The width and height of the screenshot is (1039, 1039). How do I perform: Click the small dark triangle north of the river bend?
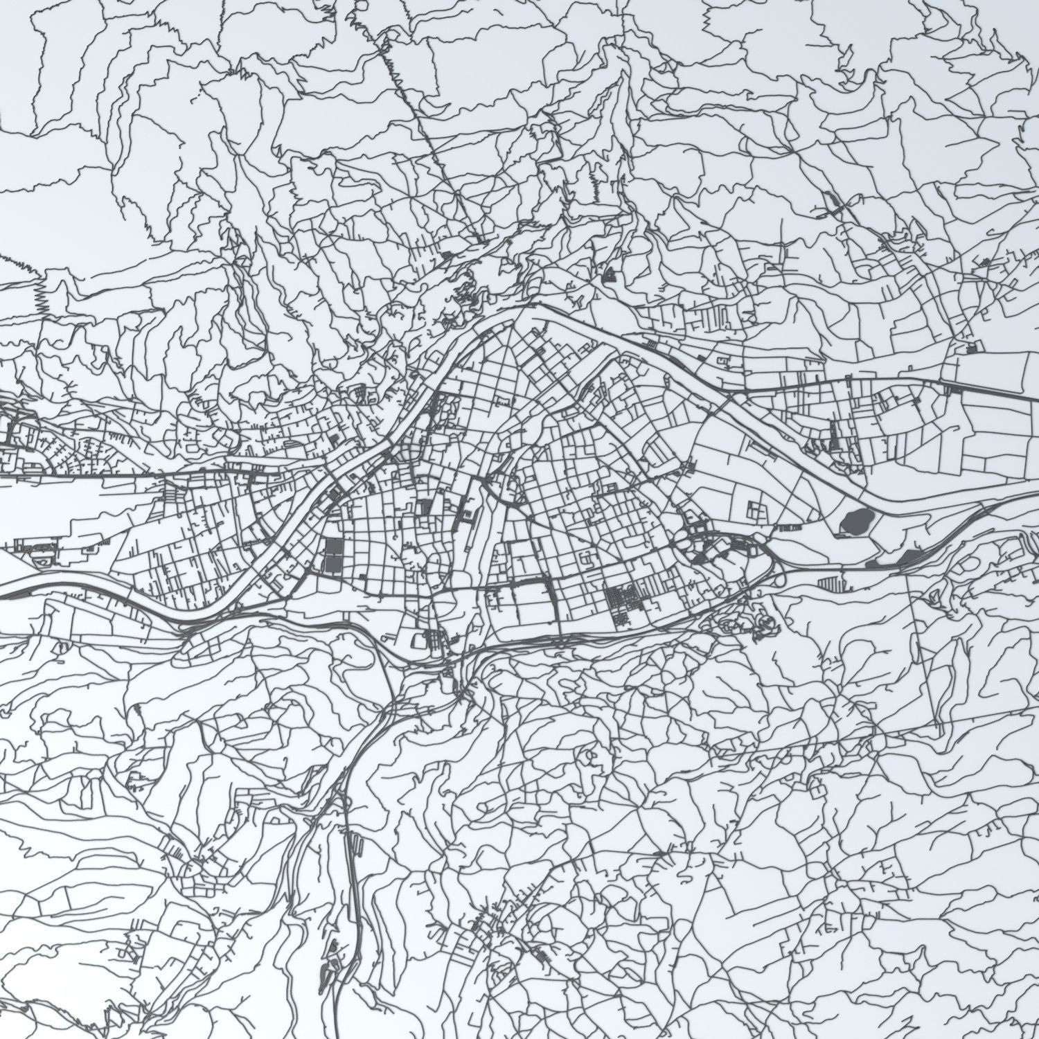click(610, 276)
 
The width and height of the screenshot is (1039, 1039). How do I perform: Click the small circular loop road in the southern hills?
click(589, 755)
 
